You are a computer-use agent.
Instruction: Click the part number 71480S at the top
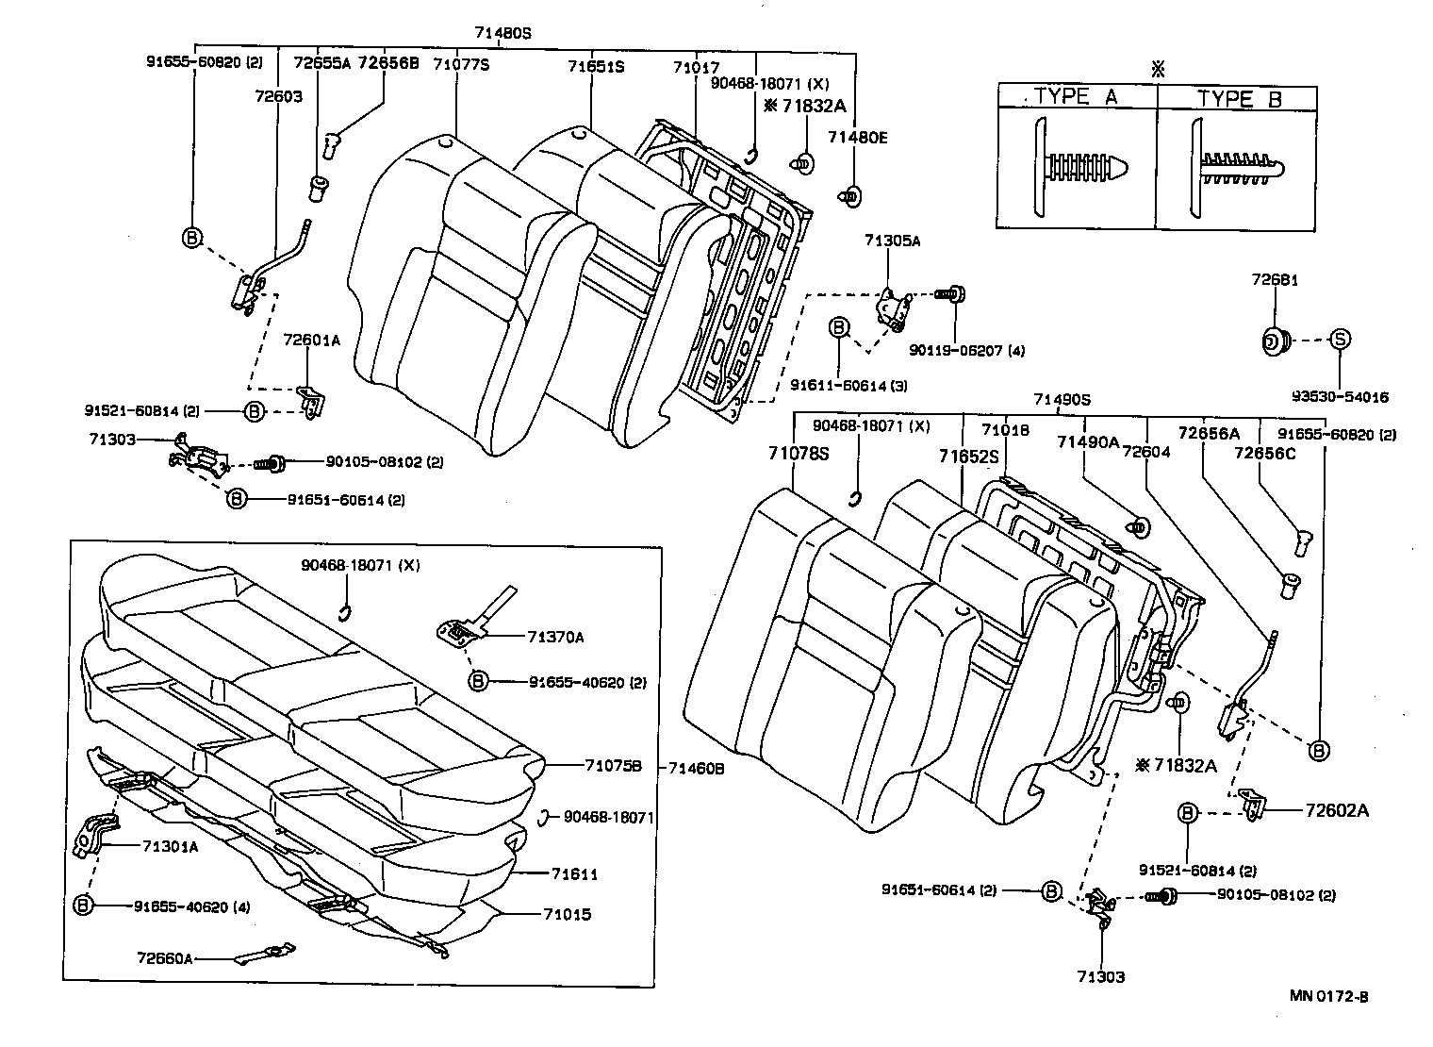(x=502, y=32)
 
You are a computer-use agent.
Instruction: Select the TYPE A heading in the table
(x=1076, y=96)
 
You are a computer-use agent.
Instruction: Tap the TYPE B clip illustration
(x=1238, y=165)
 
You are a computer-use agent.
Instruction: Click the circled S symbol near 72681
(x=1340, y=339)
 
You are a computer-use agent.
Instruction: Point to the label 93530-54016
(x=1340, y=397)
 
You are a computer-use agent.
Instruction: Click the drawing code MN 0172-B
(x=1329, y=995)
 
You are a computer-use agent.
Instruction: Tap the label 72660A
(x=164, y=958)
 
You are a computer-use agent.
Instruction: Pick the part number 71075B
(x=612, y=766)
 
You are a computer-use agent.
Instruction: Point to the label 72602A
(x=1337, y=809)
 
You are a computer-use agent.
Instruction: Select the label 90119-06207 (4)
(x=966, y=351)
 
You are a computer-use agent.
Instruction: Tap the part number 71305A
(x=892, y=241)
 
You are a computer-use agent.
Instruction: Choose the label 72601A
(x=311, y=341)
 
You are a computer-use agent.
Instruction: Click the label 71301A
(x=170, y=846)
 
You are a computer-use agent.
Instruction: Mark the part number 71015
(x=567, y=914)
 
